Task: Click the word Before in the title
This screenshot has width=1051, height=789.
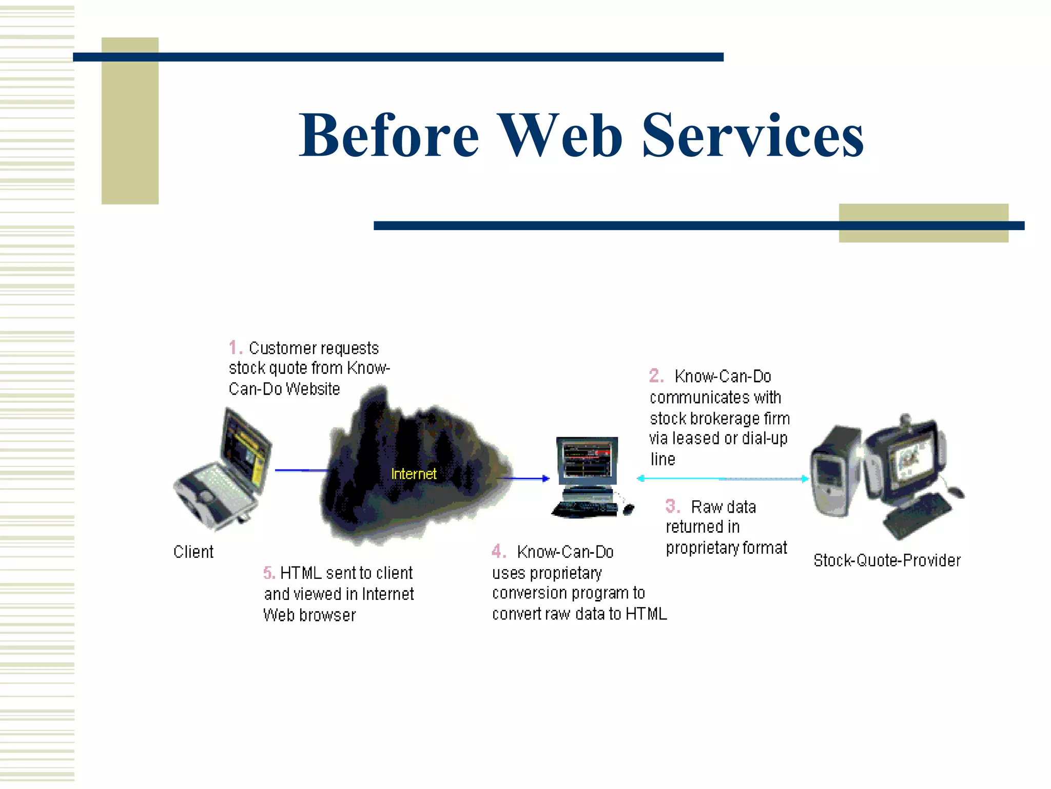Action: pos(388,136)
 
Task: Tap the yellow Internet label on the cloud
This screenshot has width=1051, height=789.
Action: pos(414,474)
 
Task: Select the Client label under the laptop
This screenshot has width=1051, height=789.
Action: pos(193,552)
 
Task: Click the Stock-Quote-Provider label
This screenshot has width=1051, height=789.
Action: pos(887,560)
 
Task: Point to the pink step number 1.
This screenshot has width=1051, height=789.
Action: pos(234,348)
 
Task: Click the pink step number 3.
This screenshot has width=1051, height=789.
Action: pos(672,506)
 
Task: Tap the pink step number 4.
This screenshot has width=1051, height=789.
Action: pos(498,551)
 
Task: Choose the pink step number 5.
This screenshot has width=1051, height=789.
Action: pos(269,572)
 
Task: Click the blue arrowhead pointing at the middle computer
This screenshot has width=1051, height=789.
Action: pos(546,478)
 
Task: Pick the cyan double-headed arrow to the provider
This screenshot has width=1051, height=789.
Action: pos(722,478)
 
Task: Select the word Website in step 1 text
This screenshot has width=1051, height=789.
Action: pos(313,389)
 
